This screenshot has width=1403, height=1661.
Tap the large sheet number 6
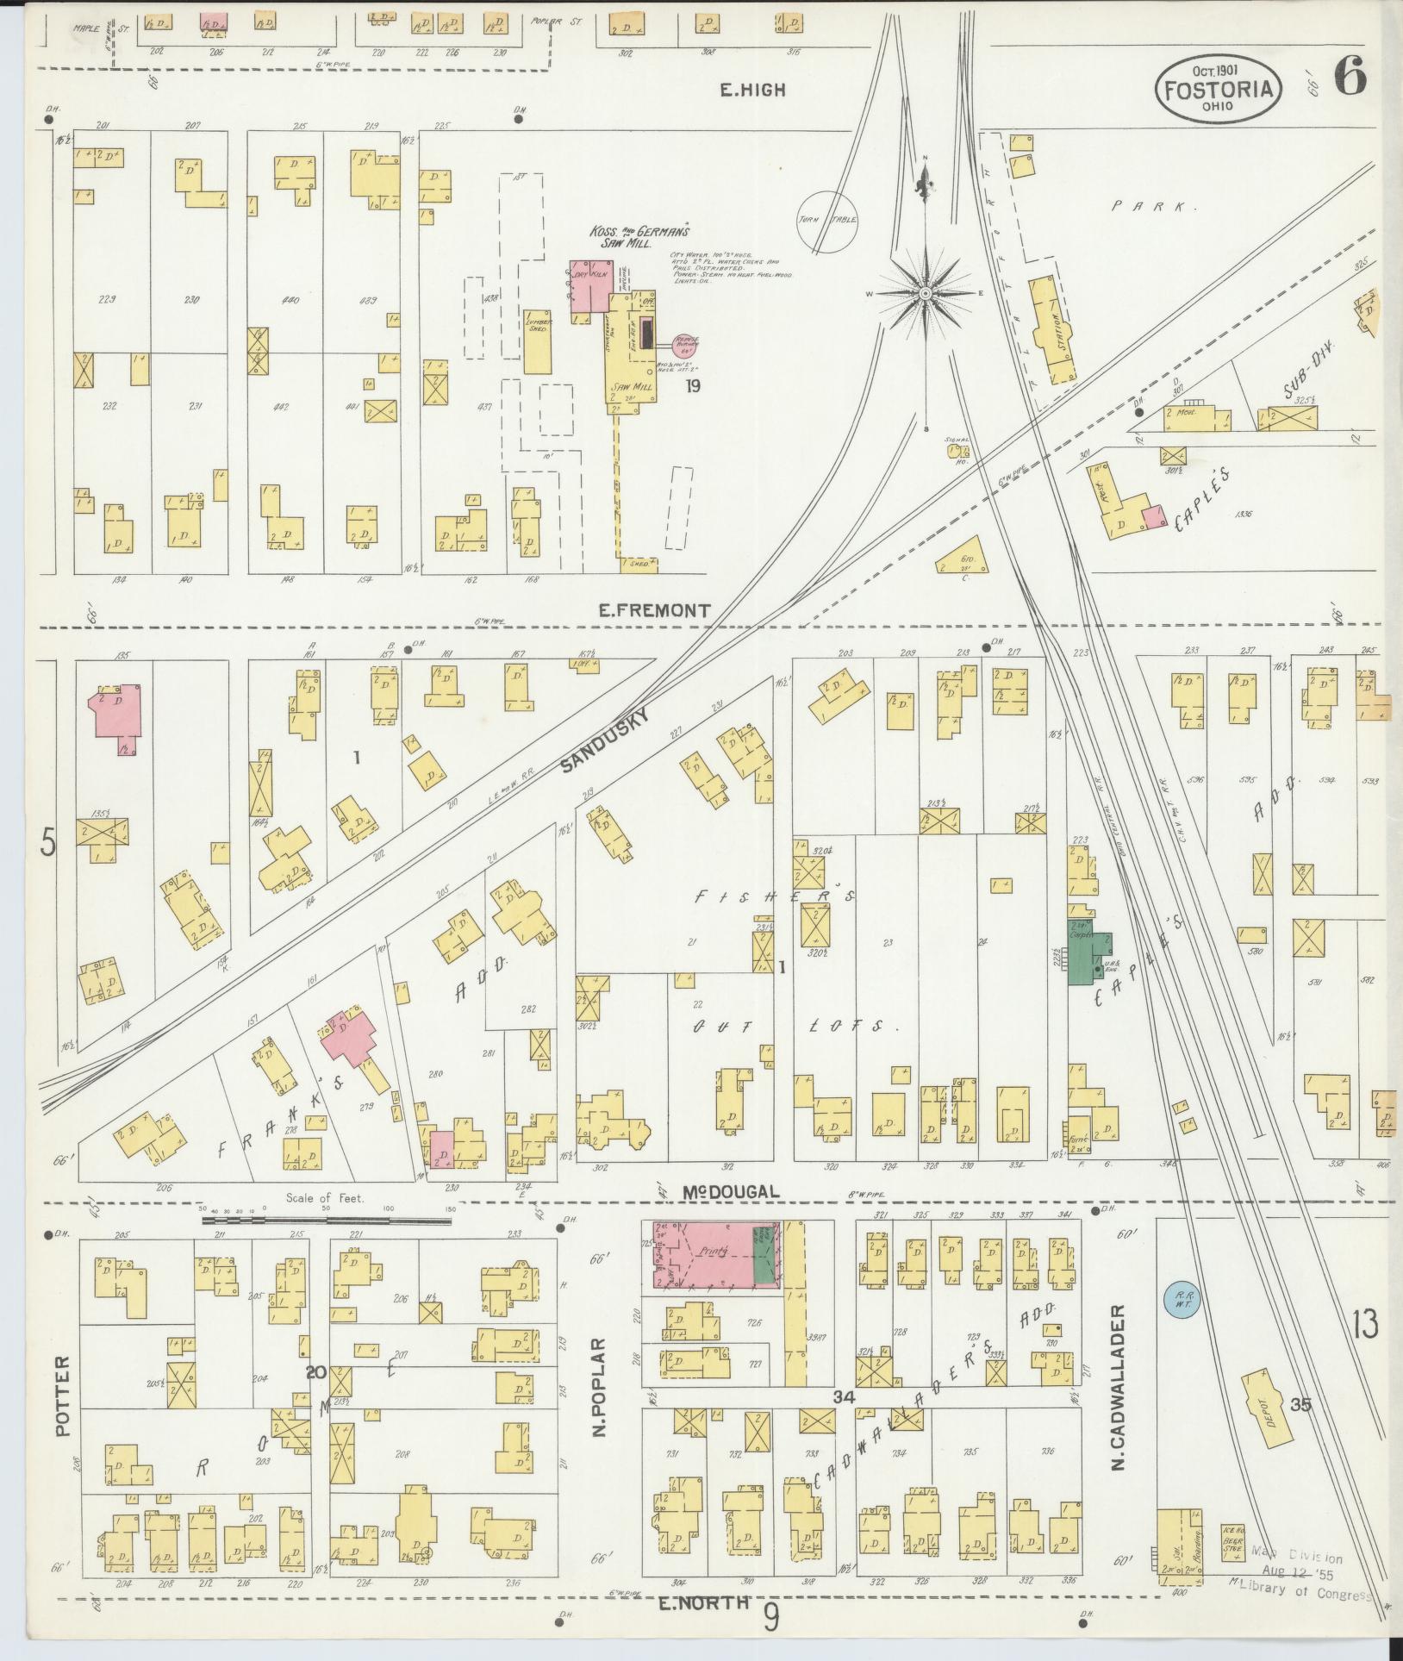tap(1350, 78)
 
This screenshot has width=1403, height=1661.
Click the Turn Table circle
tap(827, 220)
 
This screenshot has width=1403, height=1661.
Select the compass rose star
tap(925, 293)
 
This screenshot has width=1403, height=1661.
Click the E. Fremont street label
tap(655, 610)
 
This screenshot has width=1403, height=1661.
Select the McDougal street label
tap(732, 1191)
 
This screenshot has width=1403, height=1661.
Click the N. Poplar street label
tap(600, 1387)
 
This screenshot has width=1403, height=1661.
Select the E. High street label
tap(755, 90)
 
